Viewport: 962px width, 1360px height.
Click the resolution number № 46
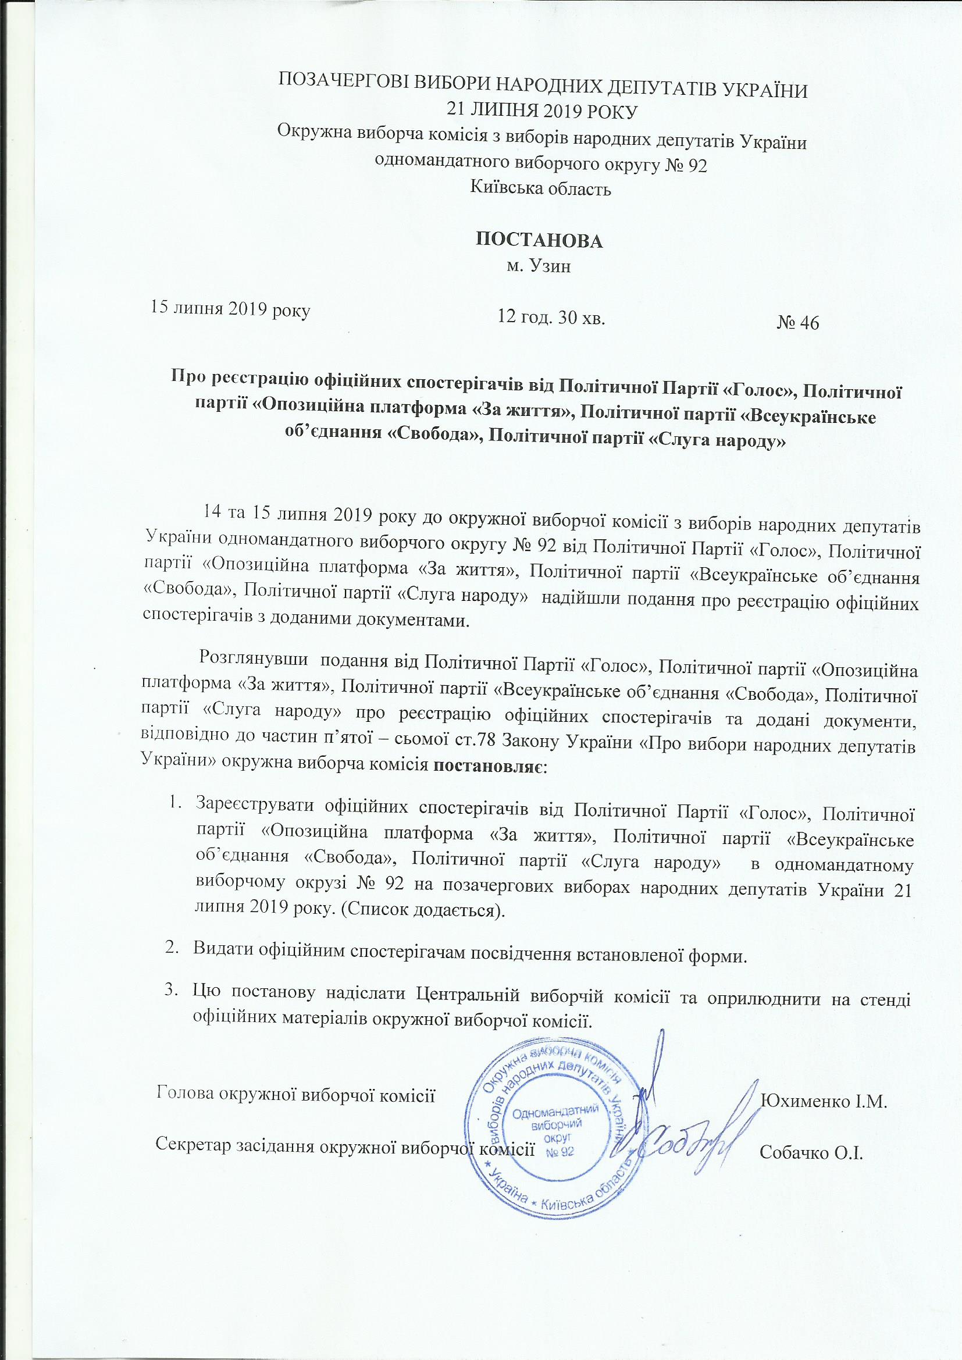click(797, 323)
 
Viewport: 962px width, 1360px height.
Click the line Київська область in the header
click(540, 189)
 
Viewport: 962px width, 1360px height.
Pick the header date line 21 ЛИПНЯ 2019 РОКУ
click(540, 109)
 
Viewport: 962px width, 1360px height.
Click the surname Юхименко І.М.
click(823, 1101)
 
